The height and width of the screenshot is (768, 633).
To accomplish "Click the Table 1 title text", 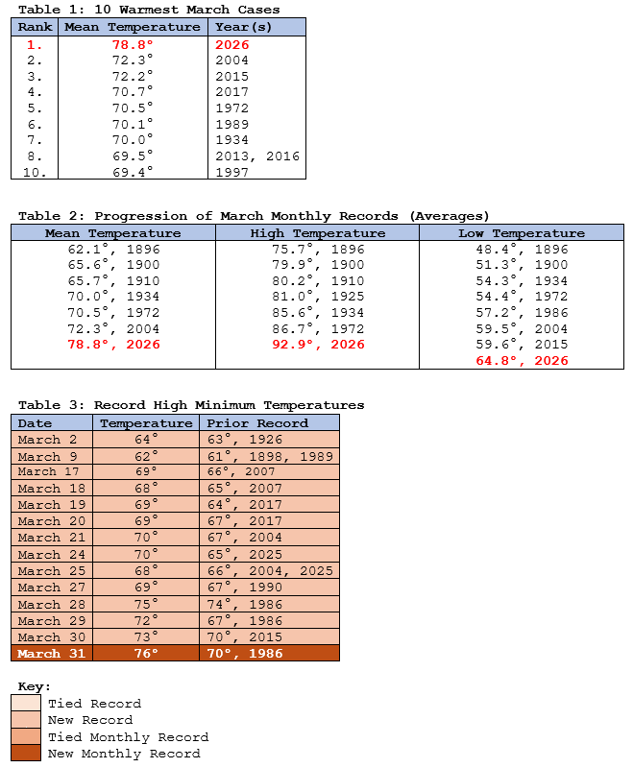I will pos(149,10).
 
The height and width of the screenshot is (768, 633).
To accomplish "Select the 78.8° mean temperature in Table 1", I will pos(133,44).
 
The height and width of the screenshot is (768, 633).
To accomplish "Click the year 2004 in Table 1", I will pos(232,60).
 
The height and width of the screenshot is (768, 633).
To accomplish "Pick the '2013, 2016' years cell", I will pos(257,156).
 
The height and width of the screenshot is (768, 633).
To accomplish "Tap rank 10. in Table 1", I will pos(36,172).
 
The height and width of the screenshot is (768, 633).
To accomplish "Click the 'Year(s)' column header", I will pos(244,27).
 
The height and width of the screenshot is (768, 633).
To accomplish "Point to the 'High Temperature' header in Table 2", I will pos(317,233).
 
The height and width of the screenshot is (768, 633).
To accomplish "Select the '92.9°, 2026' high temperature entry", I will pos(317,345).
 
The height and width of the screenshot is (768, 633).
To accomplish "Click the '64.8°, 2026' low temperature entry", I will pos(522,361).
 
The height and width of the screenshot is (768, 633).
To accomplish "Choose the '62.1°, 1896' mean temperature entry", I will pos(112,250).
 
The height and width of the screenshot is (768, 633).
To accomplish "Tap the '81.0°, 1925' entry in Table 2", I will pos(317,297).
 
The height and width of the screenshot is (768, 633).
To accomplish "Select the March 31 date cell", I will pos(52,653).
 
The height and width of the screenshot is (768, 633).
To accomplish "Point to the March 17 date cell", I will pos(52,472).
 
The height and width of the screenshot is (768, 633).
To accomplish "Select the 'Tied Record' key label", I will pos(94,704).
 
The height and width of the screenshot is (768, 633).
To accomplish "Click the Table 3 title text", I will pos(191,405).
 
